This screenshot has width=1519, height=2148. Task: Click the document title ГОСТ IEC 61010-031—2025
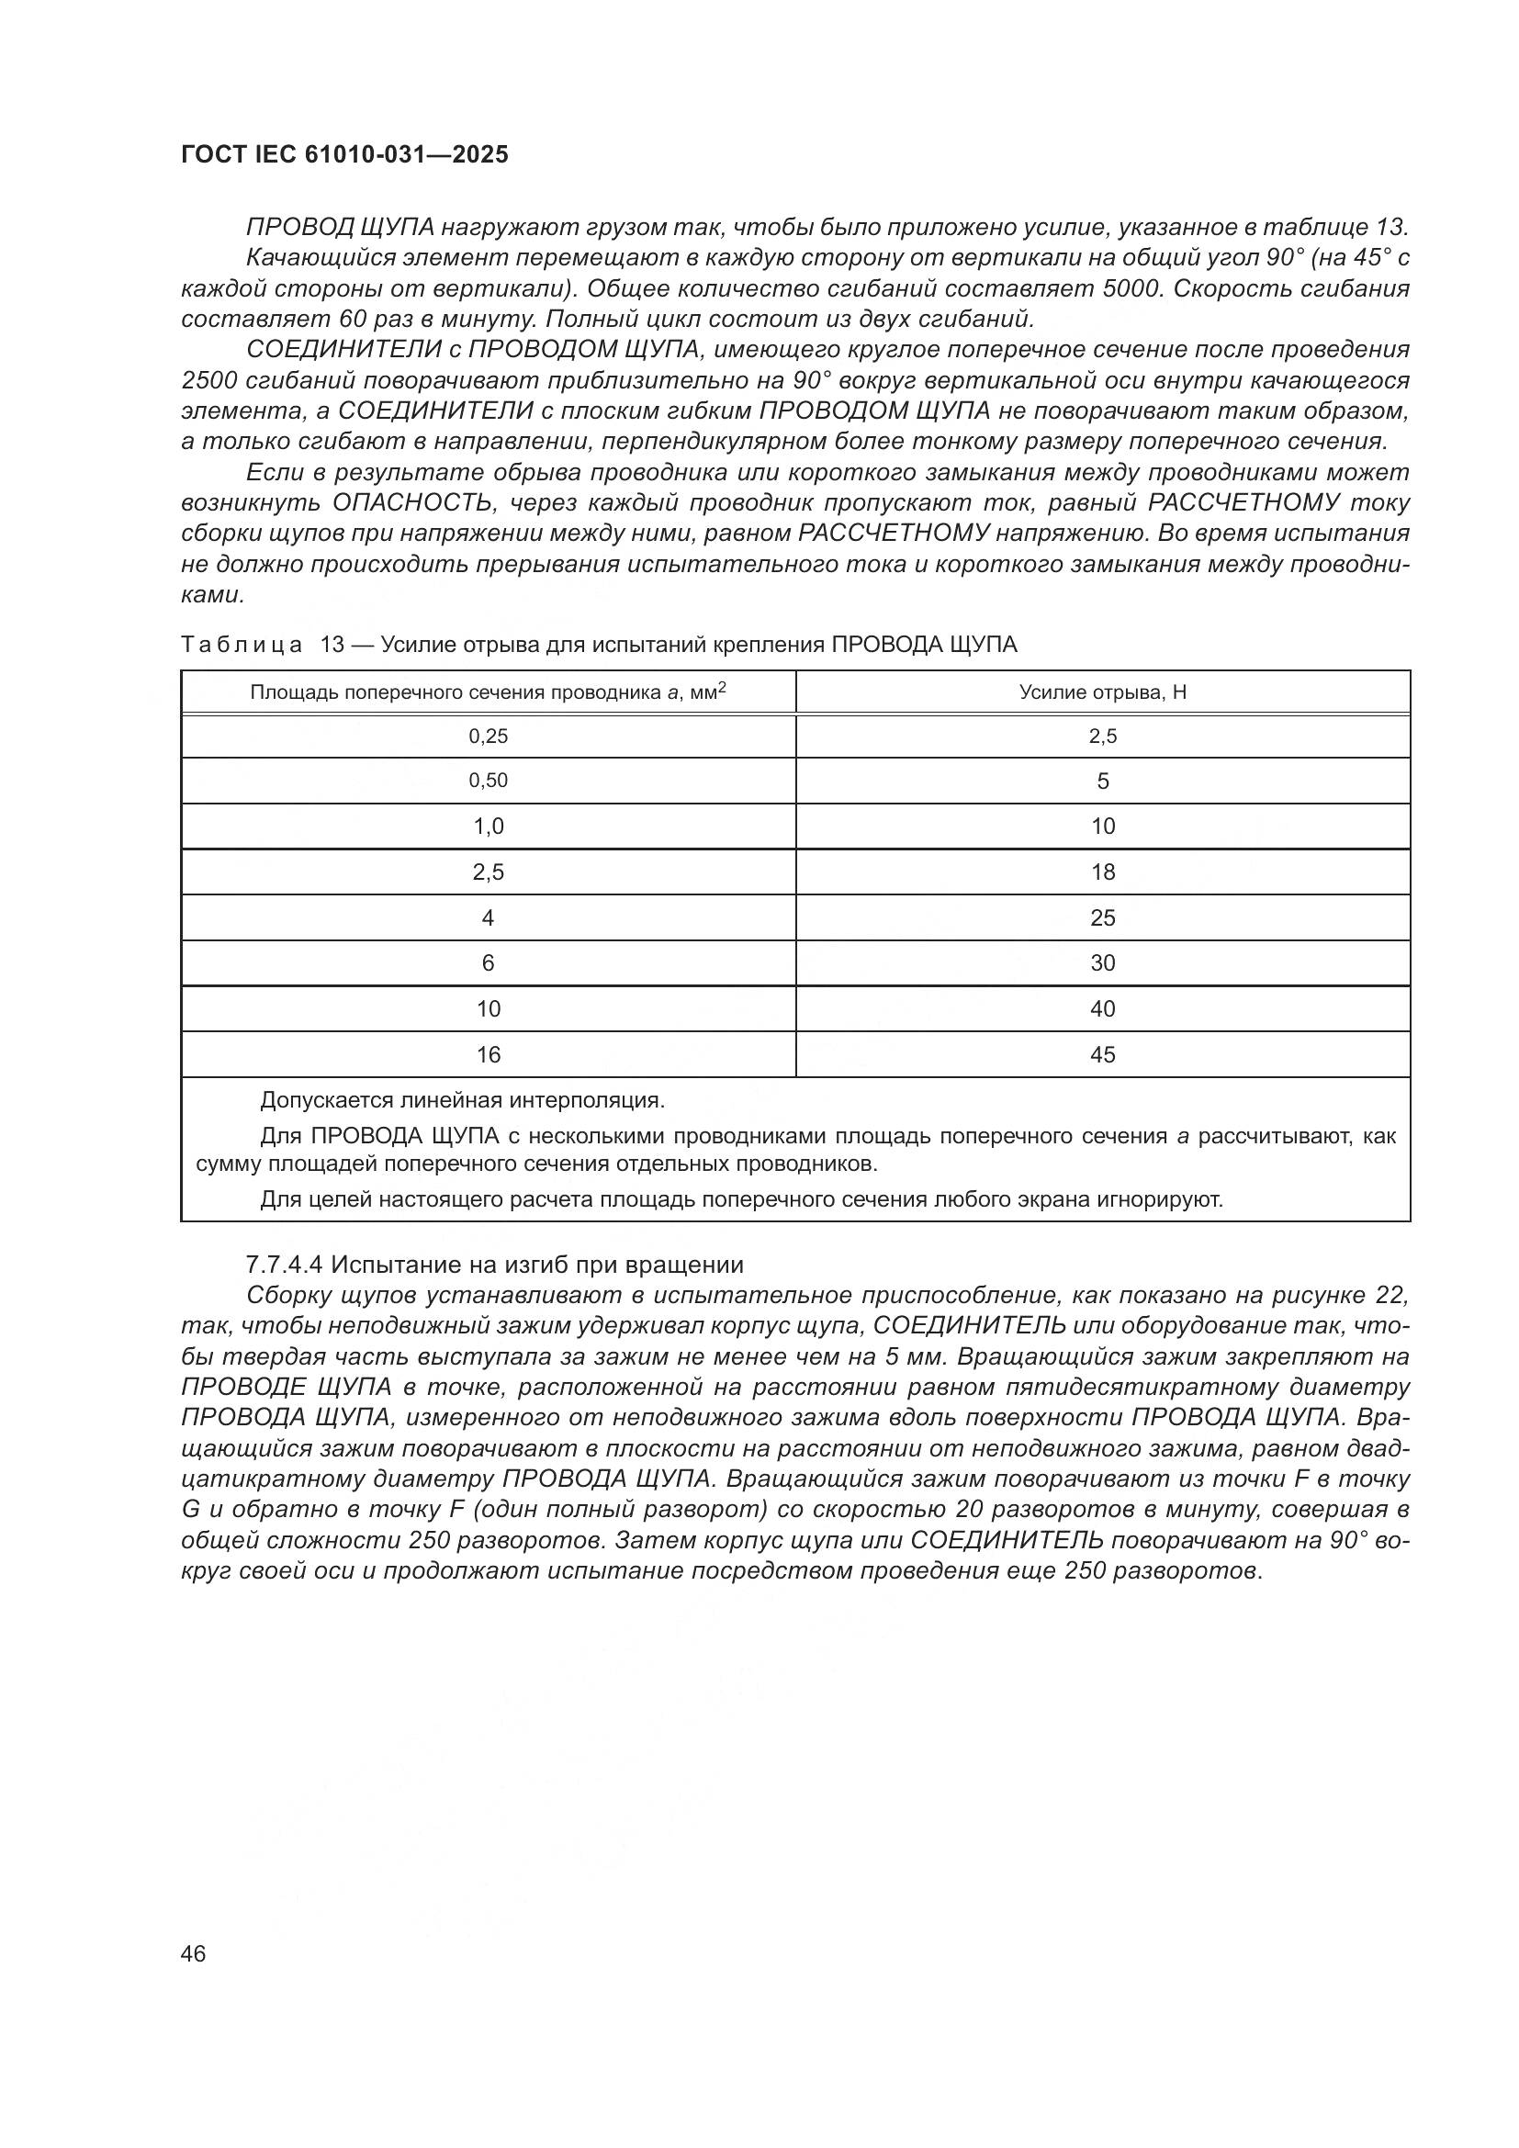[344, 155]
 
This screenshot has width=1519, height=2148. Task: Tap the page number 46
[194, 1953]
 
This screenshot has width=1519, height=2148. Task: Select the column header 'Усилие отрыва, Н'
[1102, 692]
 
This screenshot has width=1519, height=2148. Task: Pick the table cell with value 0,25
[488, 737]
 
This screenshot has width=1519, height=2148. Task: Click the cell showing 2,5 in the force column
[1102, 737]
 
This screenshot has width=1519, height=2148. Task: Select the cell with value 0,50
[488, 782]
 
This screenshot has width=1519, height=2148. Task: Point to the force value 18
[1102, 872]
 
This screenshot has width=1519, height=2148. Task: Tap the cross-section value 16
[488, 1055]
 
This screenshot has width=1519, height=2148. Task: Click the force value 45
[1102, 1055]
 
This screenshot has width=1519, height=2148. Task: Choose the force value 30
[1102, 963]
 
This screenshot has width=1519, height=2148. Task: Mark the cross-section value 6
[488, 963]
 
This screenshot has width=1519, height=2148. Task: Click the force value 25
[1102, 917]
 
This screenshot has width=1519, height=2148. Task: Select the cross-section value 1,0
[488, 827]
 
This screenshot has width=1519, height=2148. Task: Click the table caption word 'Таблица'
[242, 645]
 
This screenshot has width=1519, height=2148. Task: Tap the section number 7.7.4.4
[284, 1265]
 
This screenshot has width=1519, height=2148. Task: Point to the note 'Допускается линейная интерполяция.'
[462, 1100]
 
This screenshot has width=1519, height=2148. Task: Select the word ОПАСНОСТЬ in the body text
[412, 503]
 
